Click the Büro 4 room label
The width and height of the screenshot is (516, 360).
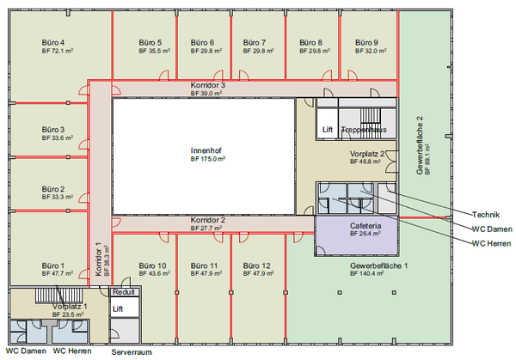53,42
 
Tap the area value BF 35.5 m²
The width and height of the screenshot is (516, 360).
154,51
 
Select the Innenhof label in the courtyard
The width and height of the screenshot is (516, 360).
206,150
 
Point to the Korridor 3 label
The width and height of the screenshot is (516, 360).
208,85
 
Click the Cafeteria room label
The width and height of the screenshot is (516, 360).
365,226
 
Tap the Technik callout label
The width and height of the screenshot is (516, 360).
486,215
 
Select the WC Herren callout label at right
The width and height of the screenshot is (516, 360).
492,244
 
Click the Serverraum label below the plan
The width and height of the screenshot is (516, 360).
132,352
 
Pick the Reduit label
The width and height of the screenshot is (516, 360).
124,292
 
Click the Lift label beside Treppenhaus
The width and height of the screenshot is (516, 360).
328,130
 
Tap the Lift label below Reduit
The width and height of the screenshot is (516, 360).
118,309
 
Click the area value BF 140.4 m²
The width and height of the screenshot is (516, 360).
367,273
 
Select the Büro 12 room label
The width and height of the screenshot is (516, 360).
256,265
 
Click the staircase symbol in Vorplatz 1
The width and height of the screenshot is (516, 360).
58,296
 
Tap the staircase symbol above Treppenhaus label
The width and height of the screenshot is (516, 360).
371,119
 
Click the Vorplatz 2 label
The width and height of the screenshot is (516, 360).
367,154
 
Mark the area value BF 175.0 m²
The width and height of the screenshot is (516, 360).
208,159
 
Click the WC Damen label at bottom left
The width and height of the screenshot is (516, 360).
26,351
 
